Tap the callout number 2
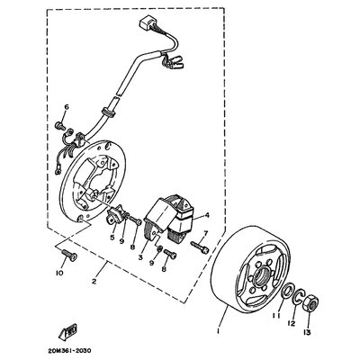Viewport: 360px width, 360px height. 94,282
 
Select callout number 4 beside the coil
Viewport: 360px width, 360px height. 207,215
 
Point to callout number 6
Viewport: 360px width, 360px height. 67,107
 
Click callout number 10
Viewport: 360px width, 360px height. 59,273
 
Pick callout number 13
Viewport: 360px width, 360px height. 309,332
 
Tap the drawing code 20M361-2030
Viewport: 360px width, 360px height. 68,350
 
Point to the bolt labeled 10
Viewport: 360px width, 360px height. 69,255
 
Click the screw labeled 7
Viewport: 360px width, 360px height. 199,247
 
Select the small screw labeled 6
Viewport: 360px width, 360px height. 60,126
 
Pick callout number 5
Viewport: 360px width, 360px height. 112,238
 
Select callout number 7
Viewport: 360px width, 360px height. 206,232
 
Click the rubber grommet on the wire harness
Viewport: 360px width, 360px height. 108,111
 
